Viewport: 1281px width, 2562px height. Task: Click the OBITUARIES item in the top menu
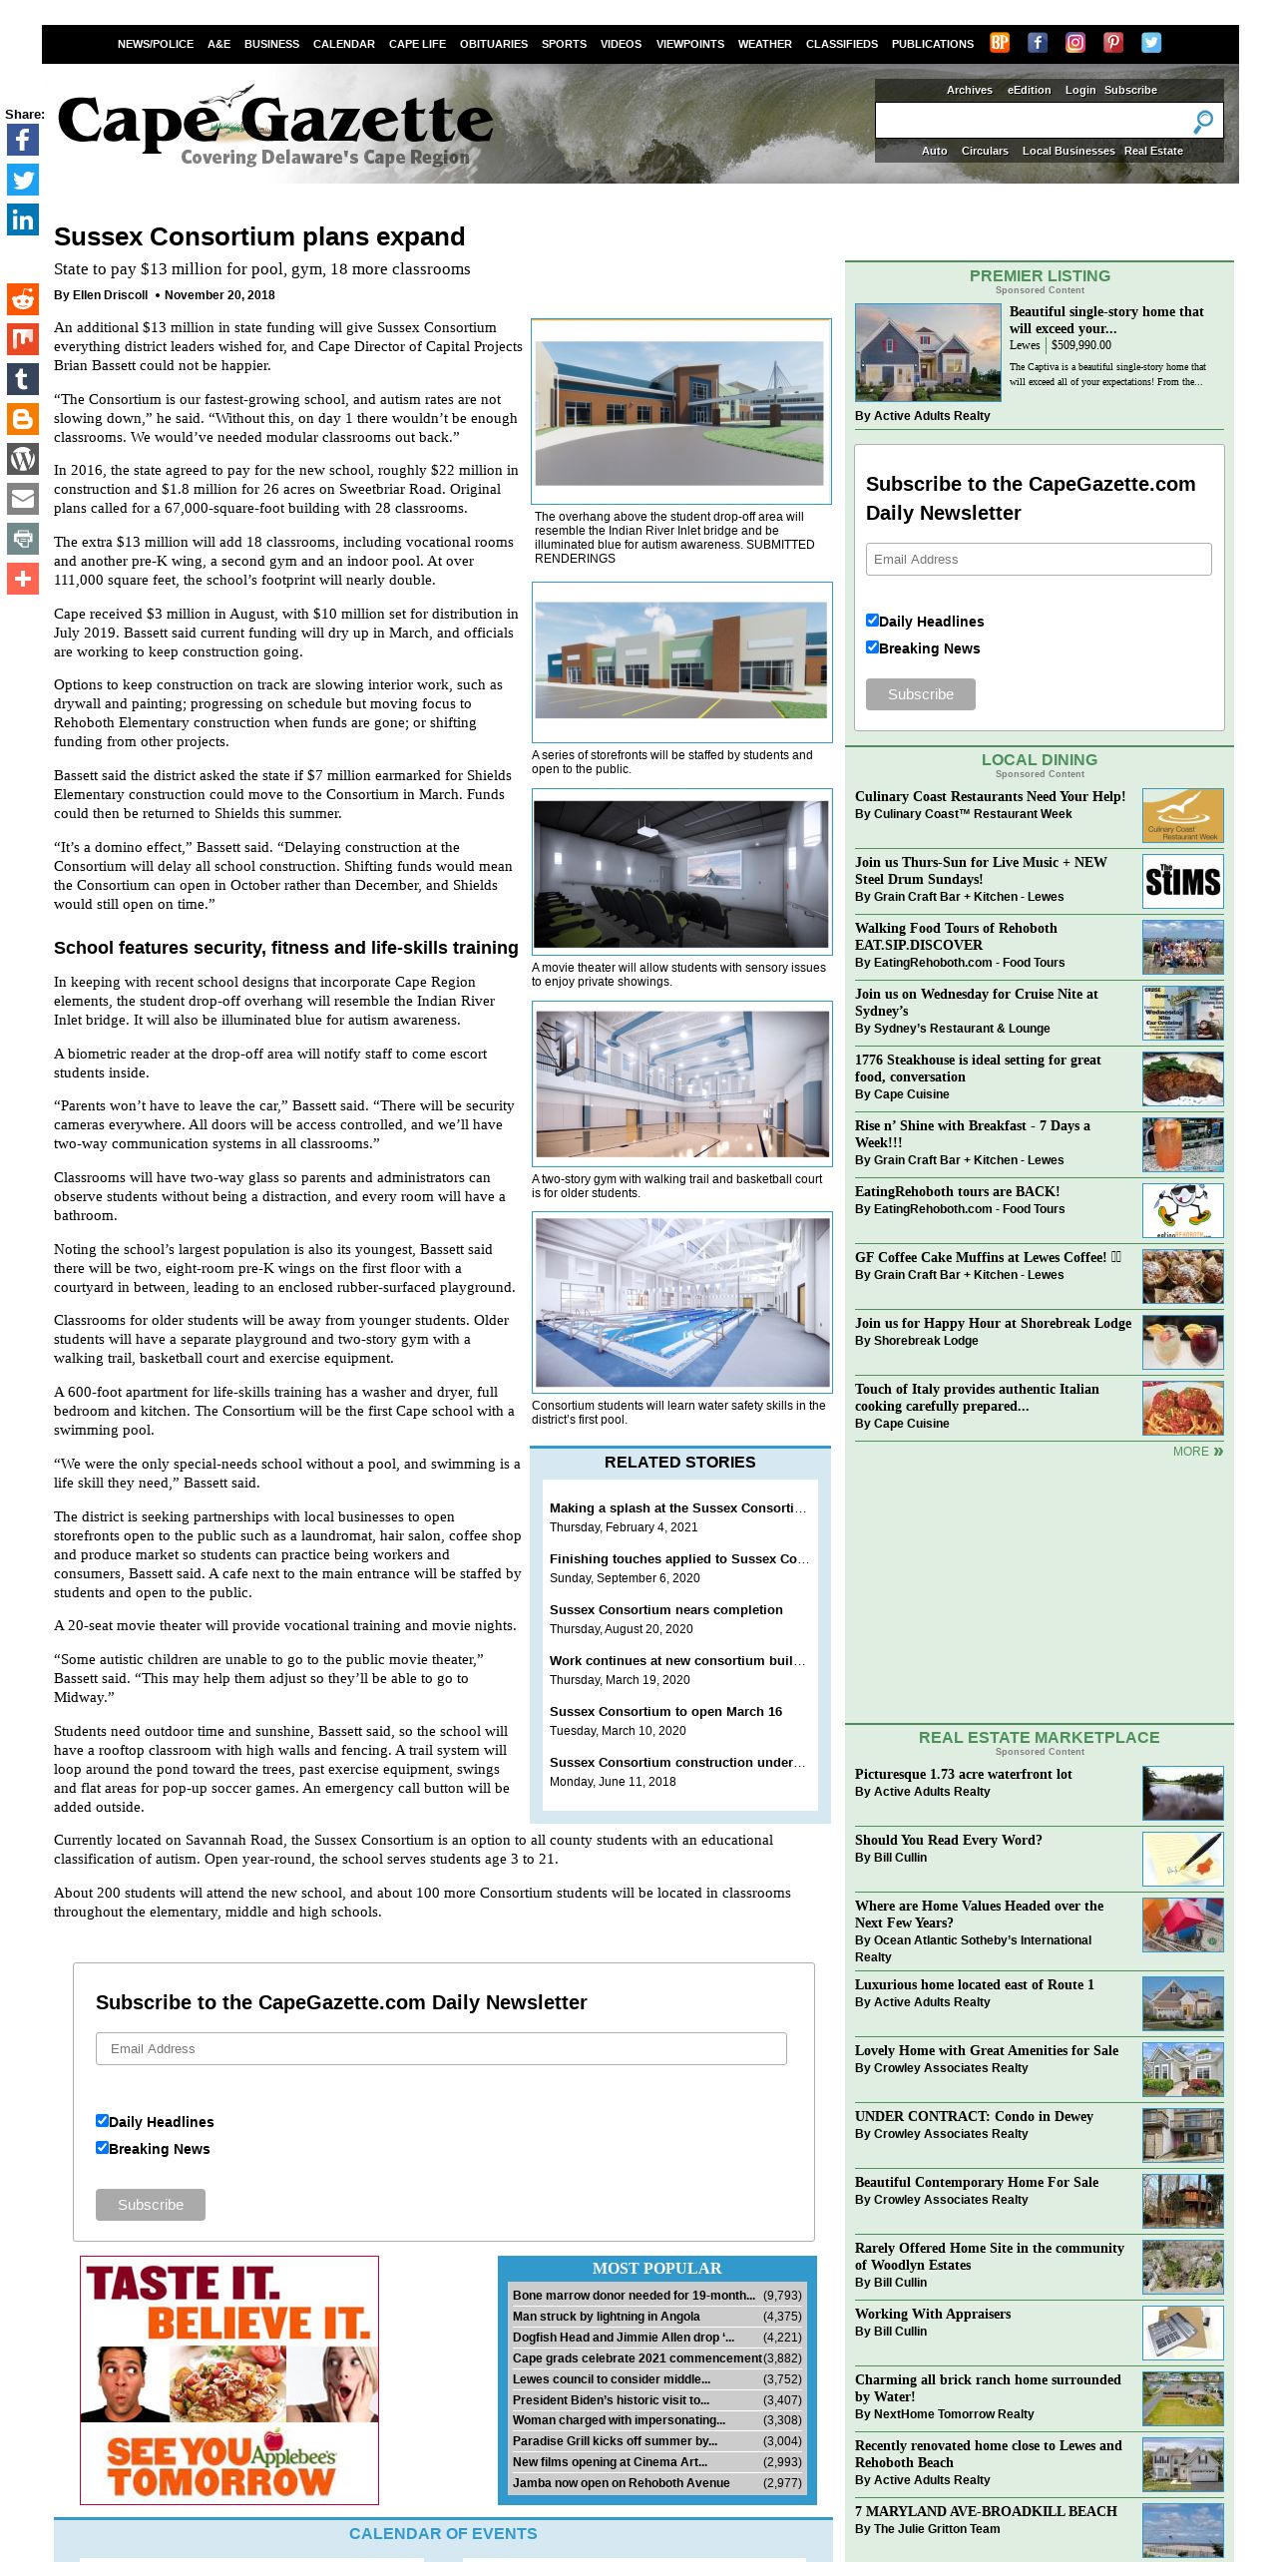(x=493, y=44)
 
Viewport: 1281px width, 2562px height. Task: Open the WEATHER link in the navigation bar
(x=764, y=44)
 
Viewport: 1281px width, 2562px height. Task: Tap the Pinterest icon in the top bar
(x=1113, y=42)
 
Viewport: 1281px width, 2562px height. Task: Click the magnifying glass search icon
(x=1203, y=122)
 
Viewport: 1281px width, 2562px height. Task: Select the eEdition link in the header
(x=1029, y=90)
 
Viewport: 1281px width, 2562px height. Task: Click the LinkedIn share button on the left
(x=23, y=219)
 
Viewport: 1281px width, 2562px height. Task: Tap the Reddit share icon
(x=23, y=299)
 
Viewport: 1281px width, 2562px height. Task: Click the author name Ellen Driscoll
(x=110, y=295)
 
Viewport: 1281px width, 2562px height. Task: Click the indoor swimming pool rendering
(x=682, y=1302)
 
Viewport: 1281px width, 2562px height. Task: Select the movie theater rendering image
(x=681, y=874)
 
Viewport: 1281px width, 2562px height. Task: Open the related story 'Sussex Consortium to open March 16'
(x=665, y=1711)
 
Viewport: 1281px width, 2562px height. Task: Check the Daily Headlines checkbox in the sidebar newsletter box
(x=872, y=620)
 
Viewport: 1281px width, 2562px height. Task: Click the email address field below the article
(x=441, y=2048)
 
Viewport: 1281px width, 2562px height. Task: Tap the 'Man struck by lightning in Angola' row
(x=607, y=2316)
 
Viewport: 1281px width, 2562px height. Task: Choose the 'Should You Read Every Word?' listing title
(x=948, y=1840)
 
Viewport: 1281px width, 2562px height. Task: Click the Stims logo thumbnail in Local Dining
(x=1182, y=881)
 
